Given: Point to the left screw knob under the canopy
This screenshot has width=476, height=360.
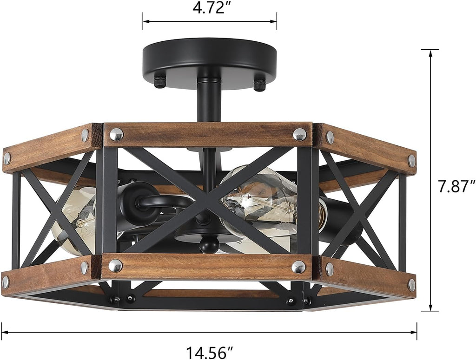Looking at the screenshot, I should pos(160,82).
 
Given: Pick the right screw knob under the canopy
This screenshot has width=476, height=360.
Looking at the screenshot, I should pos(259,84).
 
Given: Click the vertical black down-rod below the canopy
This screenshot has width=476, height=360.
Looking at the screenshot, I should pos(209,100).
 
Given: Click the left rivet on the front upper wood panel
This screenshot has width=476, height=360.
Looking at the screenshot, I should pos(116,134).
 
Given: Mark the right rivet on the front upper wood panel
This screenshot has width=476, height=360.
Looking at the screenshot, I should pos(299,134).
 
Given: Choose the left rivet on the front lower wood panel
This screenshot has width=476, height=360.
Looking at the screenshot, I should pos(115,266).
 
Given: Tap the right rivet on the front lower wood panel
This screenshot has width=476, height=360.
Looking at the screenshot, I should pos(298,267).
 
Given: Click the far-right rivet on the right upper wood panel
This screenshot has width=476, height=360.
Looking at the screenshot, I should pos(411,161).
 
